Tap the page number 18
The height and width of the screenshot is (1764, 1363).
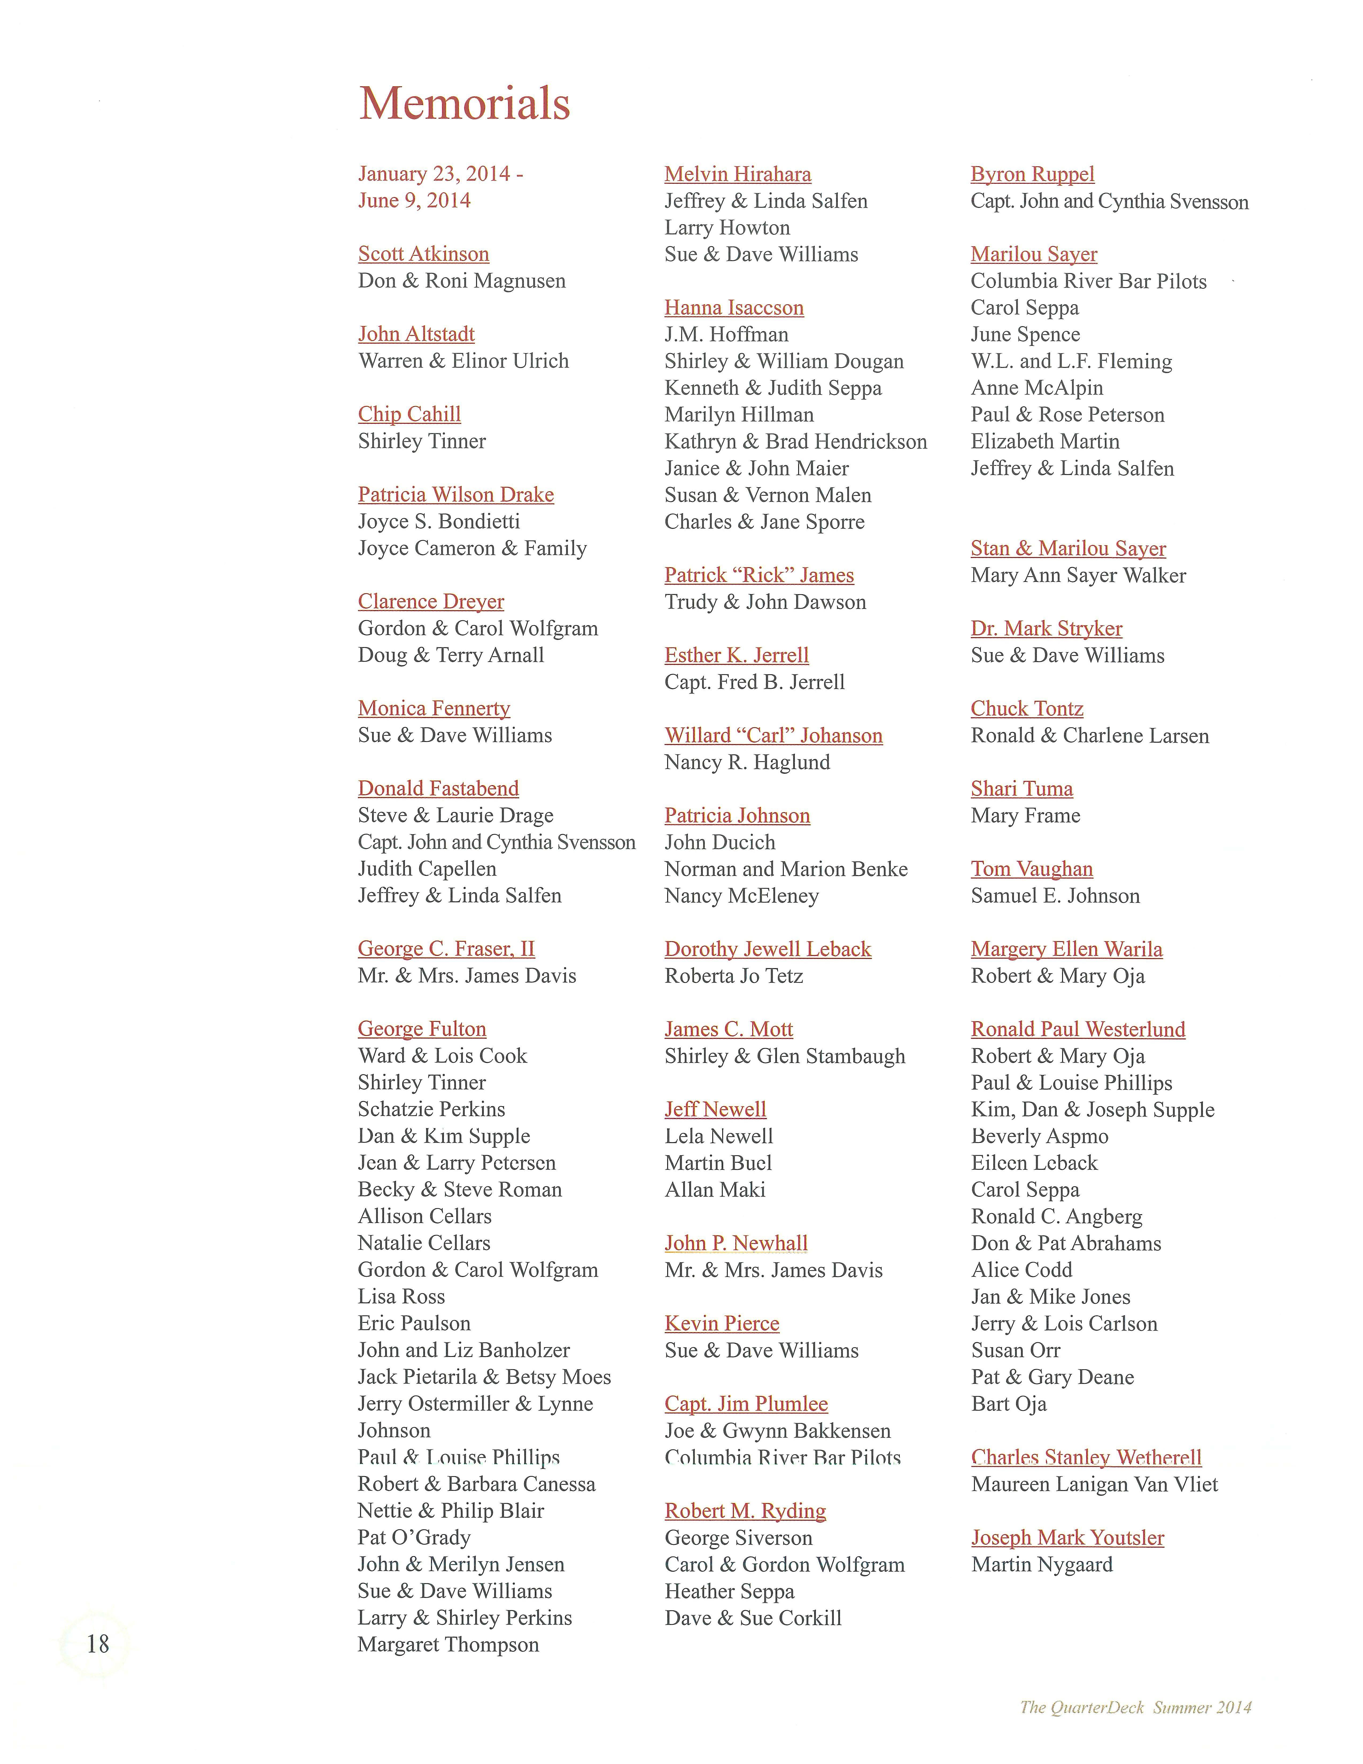pos(98,1644)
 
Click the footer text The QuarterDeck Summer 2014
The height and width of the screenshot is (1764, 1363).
pos(1135,1707)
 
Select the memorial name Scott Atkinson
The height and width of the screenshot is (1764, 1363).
pos(423,254)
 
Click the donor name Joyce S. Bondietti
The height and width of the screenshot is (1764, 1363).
pos(439,522)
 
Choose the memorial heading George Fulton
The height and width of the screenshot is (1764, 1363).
pos(421,1029)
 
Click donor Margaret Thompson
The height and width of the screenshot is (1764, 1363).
pos(448,1645)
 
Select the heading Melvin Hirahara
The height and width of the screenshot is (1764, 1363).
pos(737,175)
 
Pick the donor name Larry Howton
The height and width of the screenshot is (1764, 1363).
pos(727,228)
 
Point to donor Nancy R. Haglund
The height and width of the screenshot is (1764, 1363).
pos(747,763)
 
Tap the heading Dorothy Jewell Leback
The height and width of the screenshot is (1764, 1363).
pos(767,949)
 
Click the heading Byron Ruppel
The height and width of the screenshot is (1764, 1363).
pos(1032,175)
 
